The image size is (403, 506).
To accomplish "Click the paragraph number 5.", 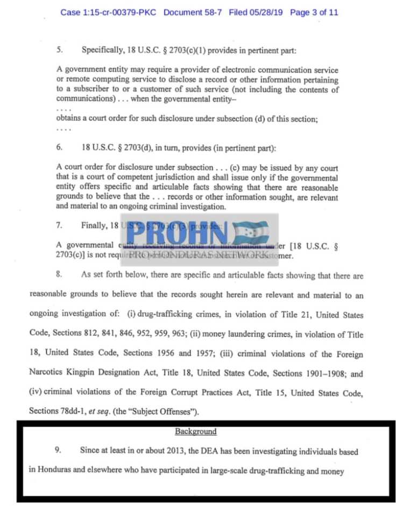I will click(x=60, y=50).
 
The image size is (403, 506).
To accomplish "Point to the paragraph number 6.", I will click(x=60, y=147).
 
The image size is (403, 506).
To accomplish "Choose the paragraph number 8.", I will click(x=60, y=275).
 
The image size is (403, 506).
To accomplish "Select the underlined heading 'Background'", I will click(x=195, y=432).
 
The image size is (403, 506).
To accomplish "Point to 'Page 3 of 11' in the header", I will click(x=314, y=12).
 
